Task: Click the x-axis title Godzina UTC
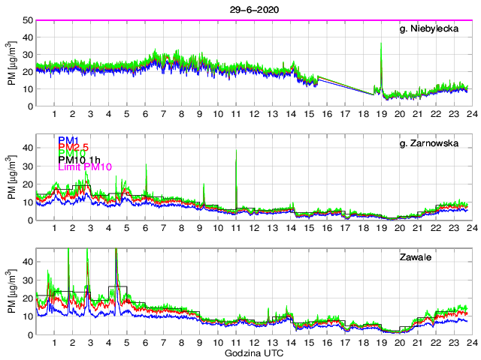pyautogui.click(x=253, y=352)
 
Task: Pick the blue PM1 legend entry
pyautogui.click(x=67, y=140)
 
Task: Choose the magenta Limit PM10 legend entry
pyautogui.click(x=85, y=167)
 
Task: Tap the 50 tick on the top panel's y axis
pyautogui.click(x=26, y=20)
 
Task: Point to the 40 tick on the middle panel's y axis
pyautogui.click(x=26, y=148)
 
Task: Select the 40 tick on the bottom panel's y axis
pyautogui.click(x=26, y=262)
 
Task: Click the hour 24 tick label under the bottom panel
pyautogui.click(x=470, y=342)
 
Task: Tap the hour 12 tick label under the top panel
pyautogui.click(x=254, y=114)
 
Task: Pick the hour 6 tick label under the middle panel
pyautogui.click(x=145, y=228)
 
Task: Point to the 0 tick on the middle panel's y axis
pyautogui.click(x=29, y=220)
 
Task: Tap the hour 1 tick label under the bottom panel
pyautogui.click(x=55, y=342)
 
